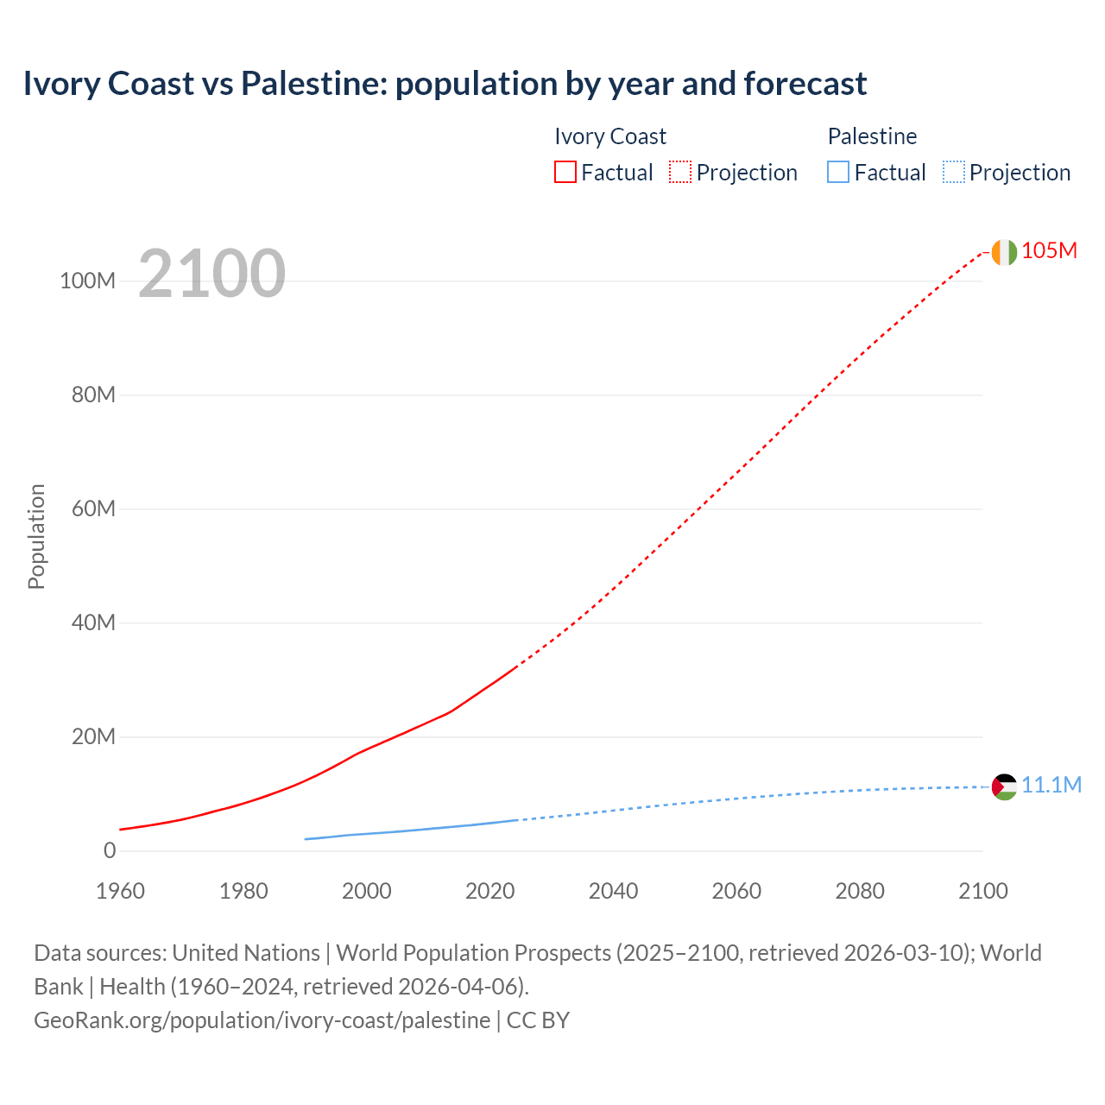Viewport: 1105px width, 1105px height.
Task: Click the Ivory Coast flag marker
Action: tap(1004, 252)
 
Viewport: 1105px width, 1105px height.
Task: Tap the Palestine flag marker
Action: tap(1004, 786)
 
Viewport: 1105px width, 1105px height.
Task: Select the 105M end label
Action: tap(1049, 251)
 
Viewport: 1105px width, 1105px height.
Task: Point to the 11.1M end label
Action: tap(1051, 785)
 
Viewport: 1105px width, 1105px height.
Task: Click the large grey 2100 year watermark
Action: tap(212, 274)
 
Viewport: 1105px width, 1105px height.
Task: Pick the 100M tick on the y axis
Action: tap(87, 281)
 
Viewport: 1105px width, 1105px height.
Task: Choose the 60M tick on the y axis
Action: tap(92, 508)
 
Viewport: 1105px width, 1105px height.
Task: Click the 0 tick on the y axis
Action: tap(109, 850)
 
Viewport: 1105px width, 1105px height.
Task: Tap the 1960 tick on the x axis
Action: tap(120, 891)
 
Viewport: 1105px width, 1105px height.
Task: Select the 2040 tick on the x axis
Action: tap(613, 891)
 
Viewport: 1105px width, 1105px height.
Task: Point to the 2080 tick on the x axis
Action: tap(860, 891)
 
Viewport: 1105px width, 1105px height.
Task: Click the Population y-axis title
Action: tap(36, 536)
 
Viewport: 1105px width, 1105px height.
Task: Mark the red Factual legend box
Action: tap(565, 173)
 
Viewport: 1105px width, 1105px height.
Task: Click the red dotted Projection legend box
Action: tap(680, 173)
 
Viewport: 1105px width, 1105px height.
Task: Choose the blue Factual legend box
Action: tap(837, 173)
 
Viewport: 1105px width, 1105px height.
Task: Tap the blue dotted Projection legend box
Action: tap(953, 173)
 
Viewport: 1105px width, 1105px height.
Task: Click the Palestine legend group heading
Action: tap(872, 136)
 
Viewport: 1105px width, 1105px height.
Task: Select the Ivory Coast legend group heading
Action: tap(610, 136)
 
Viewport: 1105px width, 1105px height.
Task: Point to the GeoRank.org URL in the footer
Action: tap(262, 1020)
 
